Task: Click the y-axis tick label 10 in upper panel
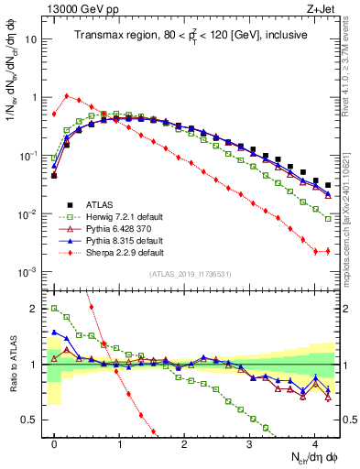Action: [x=31, y=39]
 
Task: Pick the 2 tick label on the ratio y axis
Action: [x=33, y=309]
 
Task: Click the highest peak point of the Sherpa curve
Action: [x=67, y=95]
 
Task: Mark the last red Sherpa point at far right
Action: [x=327, y=251]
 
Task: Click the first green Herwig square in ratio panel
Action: [x=54, y=309]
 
